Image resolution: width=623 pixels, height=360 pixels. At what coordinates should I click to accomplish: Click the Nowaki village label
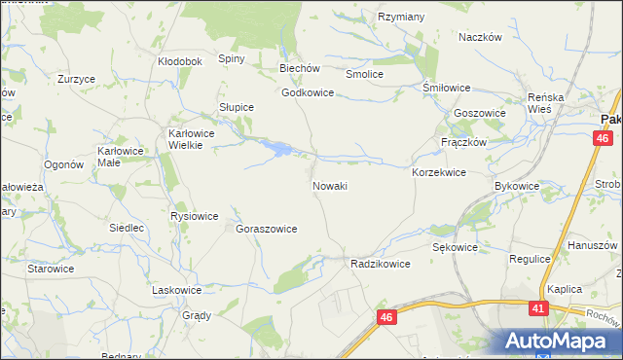coord(330,185)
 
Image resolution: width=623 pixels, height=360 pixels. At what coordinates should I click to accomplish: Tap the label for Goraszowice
coord(266,229)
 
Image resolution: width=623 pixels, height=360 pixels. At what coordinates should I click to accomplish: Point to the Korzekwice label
coord(439,172)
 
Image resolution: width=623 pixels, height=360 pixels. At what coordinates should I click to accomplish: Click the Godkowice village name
coord(308,93)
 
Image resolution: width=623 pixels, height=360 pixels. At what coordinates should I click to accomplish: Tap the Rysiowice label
coord(194,216)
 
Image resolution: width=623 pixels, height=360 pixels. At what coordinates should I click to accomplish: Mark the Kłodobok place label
coord(179,61)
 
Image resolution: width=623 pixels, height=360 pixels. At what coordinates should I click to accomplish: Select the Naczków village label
coord(479,36)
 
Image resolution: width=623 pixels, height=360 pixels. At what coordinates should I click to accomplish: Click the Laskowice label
coord(177,290)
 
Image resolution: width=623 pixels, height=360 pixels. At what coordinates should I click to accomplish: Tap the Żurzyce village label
coord(76,79)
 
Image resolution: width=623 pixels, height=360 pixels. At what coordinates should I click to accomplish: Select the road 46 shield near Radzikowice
coord(387,317)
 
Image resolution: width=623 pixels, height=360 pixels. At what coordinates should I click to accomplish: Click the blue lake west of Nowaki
coord(279,149)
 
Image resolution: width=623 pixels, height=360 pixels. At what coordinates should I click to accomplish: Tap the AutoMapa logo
coord(555,341)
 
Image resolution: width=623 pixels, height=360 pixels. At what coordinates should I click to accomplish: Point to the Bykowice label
coord(517,185)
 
